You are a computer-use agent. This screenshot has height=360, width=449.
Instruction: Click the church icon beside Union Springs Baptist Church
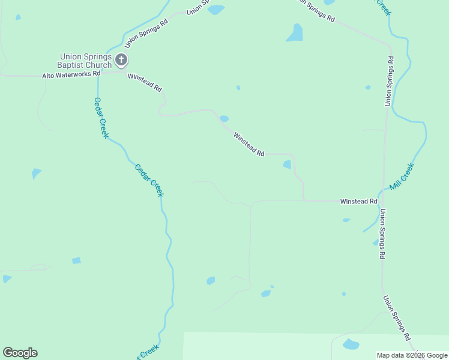pos(121,59)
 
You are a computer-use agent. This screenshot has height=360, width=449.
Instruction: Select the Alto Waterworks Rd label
pos(71,76)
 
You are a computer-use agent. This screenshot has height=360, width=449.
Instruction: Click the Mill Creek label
pos(402,177)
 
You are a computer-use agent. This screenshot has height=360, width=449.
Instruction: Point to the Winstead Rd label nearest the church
pos(145,83)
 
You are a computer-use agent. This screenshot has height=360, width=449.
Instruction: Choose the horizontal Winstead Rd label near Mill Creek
pos(358,202)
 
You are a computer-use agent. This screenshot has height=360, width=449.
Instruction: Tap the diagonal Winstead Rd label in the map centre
pos(249,145)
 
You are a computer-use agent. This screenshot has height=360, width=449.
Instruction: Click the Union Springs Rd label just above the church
pos(146,33)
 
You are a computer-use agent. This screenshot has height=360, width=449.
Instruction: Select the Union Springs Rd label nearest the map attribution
pos(397,318)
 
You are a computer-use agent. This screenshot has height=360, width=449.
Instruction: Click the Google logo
pos(20,353)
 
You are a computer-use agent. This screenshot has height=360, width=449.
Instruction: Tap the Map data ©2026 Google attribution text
pos(412,356)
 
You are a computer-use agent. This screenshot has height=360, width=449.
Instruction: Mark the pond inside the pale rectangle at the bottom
pos(351,344)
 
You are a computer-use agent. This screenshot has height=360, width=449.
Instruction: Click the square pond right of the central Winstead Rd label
pos(287,164)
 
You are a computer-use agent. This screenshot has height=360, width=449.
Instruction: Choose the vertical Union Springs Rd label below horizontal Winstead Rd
pos(382,234)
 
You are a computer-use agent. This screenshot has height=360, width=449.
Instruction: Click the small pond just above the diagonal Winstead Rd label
pos(224,118)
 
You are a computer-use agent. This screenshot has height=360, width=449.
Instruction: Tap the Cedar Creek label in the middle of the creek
pos(149,180)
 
